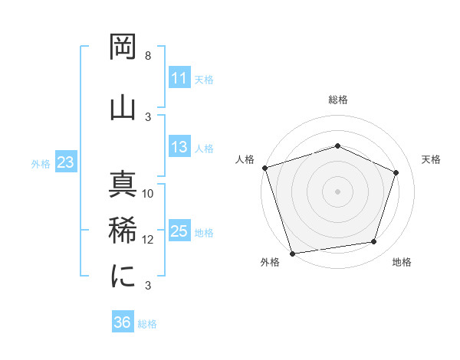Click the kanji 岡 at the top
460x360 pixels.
coord(123,49)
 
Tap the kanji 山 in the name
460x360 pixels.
coord(123,104)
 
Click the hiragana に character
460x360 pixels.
coord(123,276)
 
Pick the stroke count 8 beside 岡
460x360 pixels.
coord(148,56)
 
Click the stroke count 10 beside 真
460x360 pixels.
coord(148,194)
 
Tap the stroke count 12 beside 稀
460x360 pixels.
coord(148,240)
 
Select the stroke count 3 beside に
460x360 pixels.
coord(148,286)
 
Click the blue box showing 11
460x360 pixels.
coord(179,78)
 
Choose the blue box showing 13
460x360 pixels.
coord(179,147)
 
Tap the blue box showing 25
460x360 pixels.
coord(179,231)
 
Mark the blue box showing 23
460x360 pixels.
coord(65,162)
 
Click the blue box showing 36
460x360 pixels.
coord(122,322)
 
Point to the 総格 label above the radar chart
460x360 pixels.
coord(337,100)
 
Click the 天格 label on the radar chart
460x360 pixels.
coord(431,159)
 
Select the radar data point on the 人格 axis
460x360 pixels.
coord(264,168)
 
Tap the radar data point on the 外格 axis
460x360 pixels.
coord(292,252)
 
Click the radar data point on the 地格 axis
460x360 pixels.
coord(374,242)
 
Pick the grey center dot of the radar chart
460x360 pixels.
coord(337,191)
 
